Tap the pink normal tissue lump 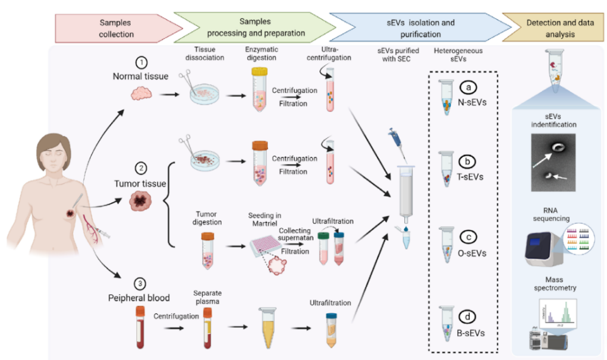click(x=142, y=94)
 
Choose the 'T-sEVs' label click(x=470, y=176)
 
